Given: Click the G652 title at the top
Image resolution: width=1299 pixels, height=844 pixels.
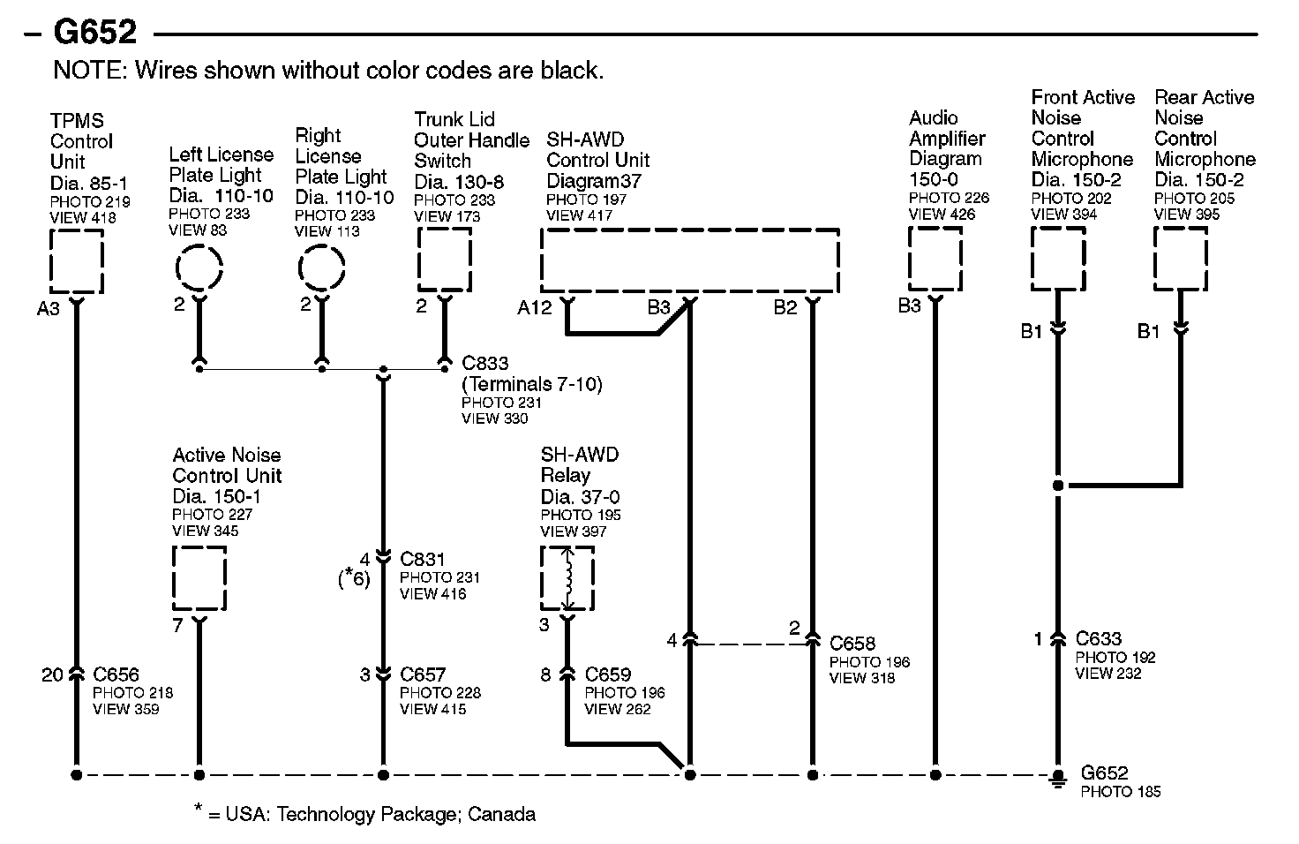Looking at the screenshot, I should pyautogui.click(x=95, y=33).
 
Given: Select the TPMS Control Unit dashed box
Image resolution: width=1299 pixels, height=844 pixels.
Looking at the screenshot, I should pyautogui.click(x=77, y=260).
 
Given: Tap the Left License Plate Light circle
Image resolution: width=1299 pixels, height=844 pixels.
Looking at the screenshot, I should pyautogui.click(x=199, y=268).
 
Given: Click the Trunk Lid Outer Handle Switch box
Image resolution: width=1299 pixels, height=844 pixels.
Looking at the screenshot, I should pyautogui.click(x=444, y=260).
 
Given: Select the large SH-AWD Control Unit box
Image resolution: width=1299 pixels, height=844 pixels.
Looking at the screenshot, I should pyautogui.click(x=689, y=260).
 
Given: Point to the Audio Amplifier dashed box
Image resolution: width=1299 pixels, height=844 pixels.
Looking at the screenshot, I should pyautogui.click(x=935, y=259).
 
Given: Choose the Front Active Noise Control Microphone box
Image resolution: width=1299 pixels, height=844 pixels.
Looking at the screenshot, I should pyautogui.click(x=1058, y=259).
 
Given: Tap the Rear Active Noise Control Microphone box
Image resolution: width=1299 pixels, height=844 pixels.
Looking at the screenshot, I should pyautogui.click(x=1181, y=259).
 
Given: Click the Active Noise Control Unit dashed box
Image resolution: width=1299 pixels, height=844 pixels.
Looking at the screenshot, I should pyautogui.click(x=199, y=577).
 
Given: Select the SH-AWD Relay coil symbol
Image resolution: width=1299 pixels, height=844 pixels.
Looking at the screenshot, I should pyautogui.click(x=567, y=578).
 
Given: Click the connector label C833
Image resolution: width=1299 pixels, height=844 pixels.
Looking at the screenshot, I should pyautogui.click(x=485, y=363).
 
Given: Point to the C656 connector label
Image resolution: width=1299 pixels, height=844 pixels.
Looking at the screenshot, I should pyautogui.click(x=116, y=675).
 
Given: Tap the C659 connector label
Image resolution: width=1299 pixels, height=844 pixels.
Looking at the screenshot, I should pyautogui.click(x=608, y=675).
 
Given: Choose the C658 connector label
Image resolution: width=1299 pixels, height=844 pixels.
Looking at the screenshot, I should pyautogui.click(x=852, y=644).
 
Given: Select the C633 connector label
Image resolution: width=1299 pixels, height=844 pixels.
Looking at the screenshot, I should pyautogui.click(x=1099, y=638).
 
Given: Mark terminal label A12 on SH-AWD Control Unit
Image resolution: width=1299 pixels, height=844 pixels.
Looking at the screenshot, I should pyautogui.click(x=535, y=307).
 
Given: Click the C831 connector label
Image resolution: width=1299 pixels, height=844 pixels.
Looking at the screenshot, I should pyautogui.click(x=423, y=559).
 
